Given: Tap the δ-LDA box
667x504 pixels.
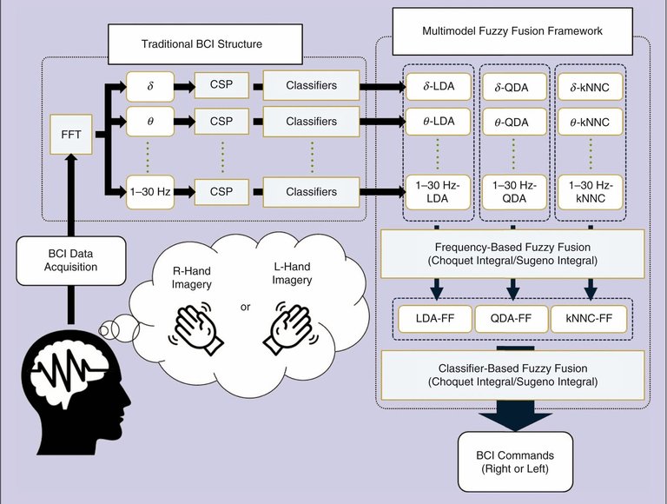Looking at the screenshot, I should (436, 86).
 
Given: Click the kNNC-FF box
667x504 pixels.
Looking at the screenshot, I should (587, 319).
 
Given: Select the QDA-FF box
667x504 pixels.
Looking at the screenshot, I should (512, 319).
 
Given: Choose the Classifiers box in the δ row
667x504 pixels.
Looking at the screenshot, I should (311, 86).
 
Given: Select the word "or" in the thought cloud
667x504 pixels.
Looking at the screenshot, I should (245, 307).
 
